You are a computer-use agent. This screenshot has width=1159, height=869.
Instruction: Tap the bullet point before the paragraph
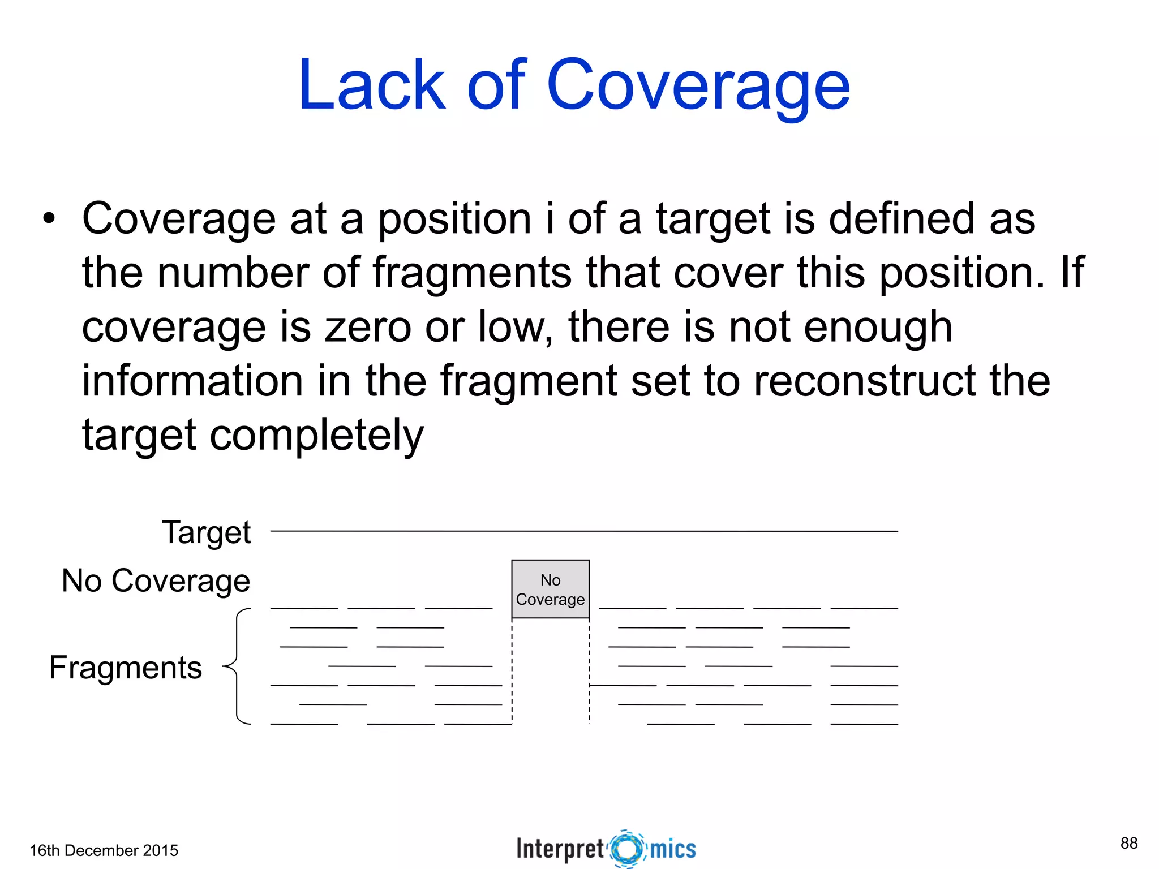pyautogui.click(x=49, y=218)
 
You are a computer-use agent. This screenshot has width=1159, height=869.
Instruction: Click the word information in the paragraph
pyautogui.click(x=192, y=381)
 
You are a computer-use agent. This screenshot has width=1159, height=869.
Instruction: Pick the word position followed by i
pyautogui.click(x=454, y=218)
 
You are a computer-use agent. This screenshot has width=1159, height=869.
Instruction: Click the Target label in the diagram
pyautogui.click(x=206, y=532)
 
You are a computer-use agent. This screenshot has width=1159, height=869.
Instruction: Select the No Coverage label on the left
pyautogui.click(x=156, y=580)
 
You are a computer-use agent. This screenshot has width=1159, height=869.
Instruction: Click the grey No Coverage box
pyautogui.click(x=550, y=589)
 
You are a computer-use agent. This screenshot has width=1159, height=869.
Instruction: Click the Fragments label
pyautogui.click(x=126, y=668)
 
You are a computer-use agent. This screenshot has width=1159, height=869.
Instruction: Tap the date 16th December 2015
pyautogui.click(x=104, y=850)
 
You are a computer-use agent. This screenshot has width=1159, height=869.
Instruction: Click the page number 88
pyautogui.click(x=1128, y=843)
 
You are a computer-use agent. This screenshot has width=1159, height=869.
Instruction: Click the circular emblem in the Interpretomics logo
pyautogui.click(x=627, y=849)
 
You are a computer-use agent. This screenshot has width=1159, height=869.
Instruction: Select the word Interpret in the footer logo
pyautogui.click(x=560, y=849)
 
